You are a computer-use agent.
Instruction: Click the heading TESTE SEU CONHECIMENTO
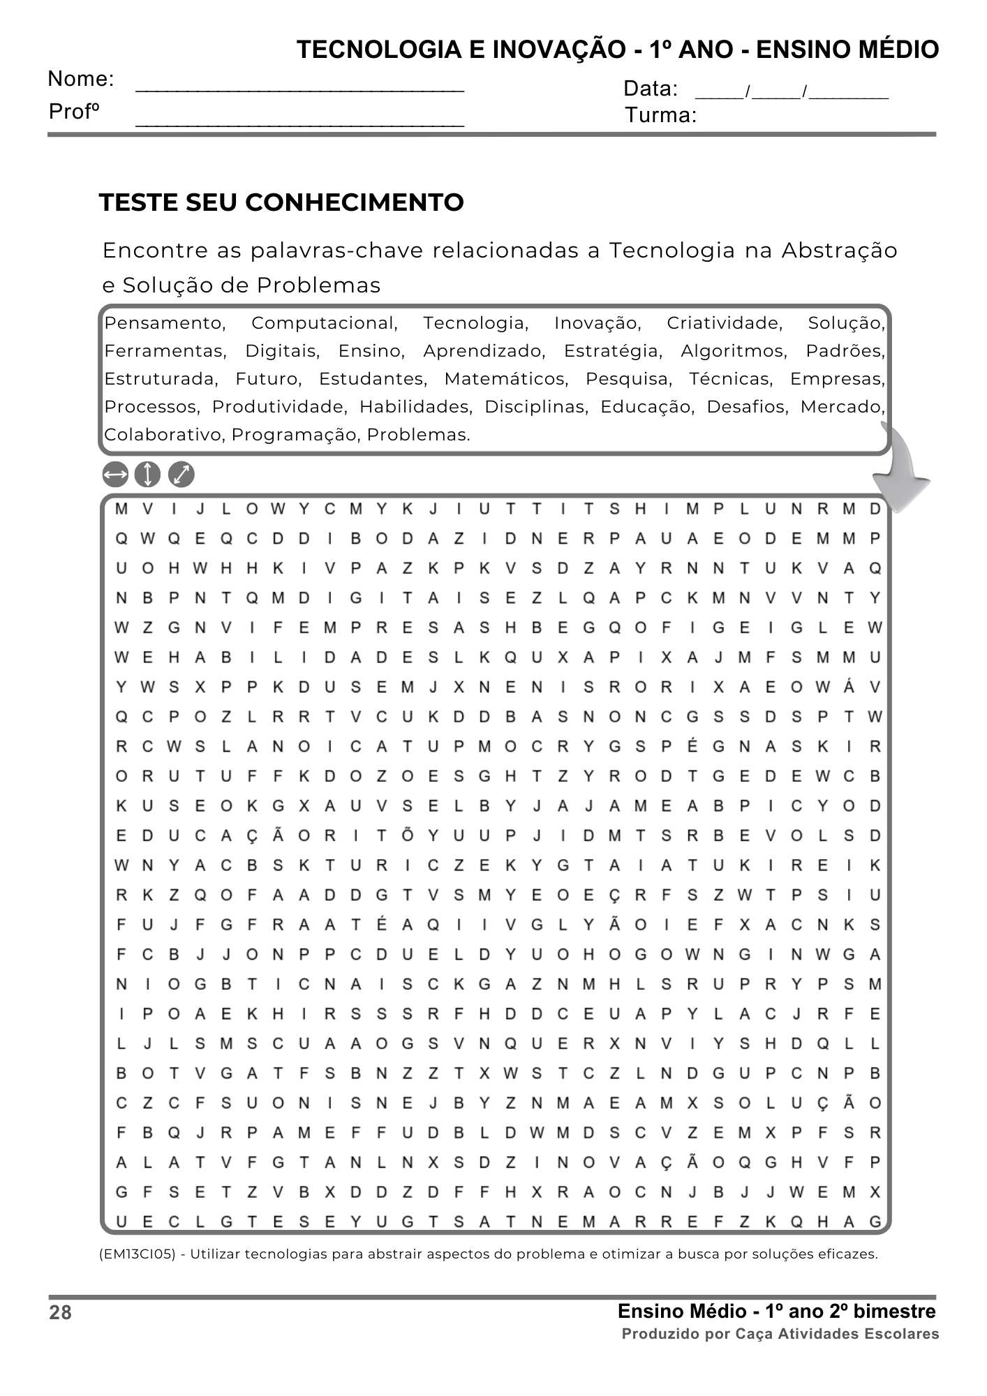(x=281, y=202)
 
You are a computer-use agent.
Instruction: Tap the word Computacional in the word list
(x=324, y=323)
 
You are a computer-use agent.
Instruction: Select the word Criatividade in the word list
(x=724, y=323)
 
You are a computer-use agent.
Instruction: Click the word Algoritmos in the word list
(x=734, y=351)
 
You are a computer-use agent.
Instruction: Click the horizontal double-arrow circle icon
(x=115, y=475)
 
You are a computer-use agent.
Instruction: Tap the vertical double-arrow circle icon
(x=147, y=475)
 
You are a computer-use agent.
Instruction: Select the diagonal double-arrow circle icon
(x=181, y=475)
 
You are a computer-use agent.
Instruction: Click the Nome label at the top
(x=81, y=79)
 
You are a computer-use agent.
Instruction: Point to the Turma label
(x=660, y=115)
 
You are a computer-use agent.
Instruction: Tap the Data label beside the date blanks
(x=650, y=89)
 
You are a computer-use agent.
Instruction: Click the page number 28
(x=61, y=1313)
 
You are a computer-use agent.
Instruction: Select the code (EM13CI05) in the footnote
(x=138, y=1254)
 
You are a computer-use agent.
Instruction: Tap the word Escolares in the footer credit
(x=901, y=1334)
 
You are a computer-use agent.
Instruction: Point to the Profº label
(x=75, y=112)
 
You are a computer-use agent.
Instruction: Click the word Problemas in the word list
(x=417, y=435)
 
